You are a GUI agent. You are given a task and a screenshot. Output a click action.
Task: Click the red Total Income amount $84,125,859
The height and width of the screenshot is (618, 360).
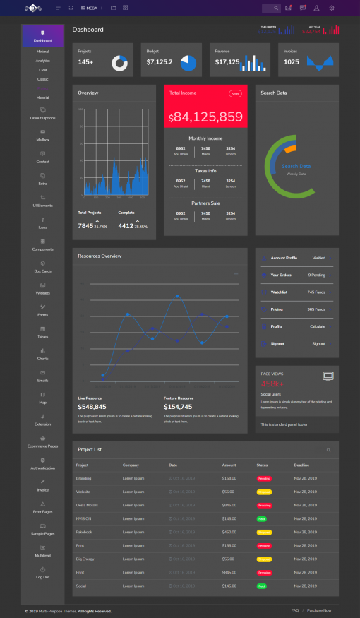pos(205,117)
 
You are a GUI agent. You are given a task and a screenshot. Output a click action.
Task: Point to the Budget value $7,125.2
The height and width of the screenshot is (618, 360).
pos(160,62)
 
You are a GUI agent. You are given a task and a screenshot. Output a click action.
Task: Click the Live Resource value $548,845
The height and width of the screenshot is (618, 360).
pos(92,407)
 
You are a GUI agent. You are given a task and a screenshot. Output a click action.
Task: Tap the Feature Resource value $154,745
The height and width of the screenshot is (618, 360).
pos(178,407)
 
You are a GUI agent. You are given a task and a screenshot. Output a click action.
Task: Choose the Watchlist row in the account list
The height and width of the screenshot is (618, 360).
pos(279,292)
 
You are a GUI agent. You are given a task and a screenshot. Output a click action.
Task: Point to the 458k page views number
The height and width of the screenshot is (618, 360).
pos(272,384)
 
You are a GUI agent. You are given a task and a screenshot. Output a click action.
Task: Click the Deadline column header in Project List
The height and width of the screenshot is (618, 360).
pos(301,465)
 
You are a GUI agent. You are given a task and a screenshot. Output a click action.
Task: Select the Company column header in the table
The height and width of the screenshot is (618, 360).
pos(131,465)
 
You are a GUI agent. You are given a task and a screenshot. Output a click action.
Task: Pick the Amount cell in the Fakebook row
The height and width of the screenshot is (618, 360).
pos(229,532)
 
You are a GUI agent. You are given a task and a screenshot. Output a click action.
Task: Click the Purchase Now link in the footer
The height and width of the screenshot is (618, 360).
pos(318,610)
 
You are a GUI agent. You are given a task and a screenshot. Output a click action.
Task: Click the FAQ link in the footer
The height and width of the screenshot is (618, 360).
pos(294,610)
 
